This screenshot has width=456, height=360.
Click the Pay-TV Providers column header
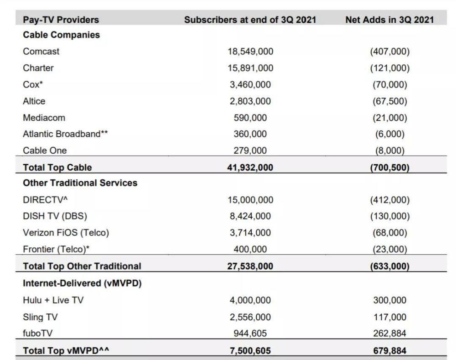(x=61, y=20)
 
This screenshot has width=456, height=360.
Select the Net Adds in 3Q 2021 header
(x=389, y=20)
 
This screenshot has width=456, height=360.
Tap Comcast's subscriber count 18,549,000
(x=250, y=52)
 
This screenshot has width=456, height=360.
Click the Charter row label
(x=38, y=68)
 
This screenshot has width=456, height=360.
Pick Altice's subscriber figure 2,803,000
(x=250, y=101)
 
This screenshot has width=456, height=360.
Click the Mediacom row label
(x=44, y=118)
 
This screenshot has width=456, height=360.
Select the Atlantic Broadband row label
(x=65, y=134)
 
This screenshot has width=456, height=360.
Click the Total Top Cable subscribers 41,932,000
(x=250, y=167)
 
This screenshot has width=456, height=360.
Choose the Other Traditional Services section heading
(x=80, y=183)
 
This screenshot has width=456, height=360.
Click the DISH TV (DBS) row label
(x=55, y=216)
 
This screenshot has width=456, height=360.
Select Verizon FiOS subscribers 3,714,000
(x=250, y=233)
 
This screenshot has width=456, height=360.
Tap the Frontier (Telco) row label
(x=56, y=250)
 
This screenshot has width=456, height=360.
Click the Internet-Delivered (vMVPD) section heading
(x=82, y=283)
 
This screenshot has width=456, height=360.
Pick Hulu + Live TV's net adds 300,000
(x=390, y=300)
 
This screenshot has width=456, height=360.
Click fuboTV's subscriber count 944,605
(x=250, y=333)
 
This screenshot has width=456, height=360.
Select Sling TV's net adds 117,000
(x=390, y=317)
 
